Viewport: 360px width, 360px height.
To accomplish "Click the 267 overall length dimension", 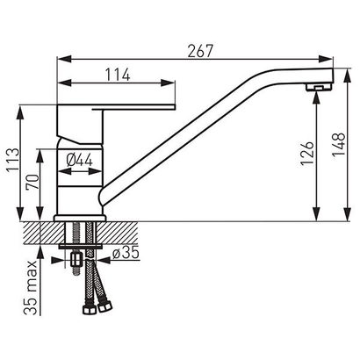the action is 200,51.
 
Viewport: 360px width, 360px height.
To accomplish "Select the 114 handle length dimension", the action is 118,75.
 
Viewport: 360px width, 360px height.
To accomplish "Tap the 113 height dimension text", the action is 13,161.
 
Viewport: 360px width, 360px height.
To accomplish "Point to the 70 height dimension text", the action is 32,183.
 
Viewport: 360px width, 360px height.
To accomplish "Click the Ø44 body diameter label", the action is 79,161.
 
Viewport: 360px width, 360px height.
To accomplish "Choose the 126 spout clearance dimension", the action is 307,154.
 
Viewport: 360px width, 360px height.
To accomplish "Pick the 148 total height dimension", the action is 339,145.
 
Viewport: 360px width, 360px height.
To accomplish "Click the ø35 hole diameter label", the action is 126,253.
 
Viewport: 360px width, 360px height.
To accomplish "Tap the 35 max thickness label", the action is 31,288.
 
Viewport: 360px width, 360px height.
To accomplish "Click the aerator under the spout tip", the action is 319,87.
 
